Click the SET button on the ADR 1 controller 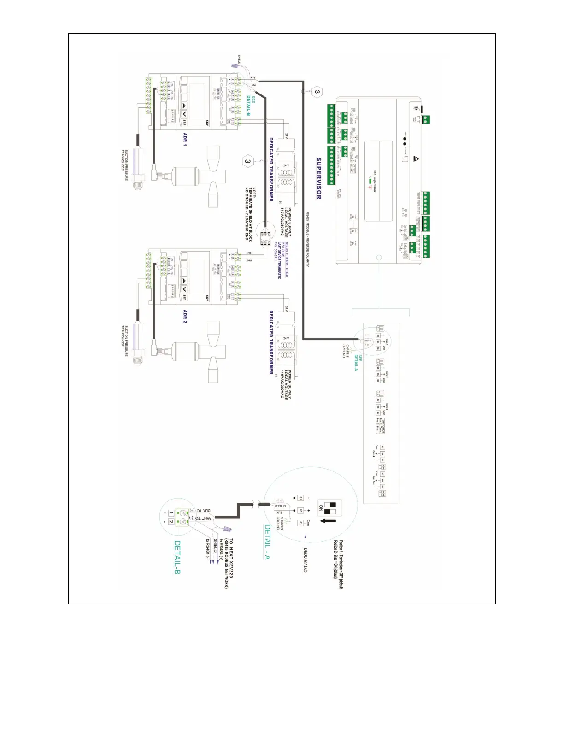click(184, 123)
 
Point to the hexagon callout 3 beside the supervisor click(317, 92)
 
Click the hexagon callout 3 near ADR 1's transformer click(248, 161)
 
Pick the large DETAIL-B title click(177, 557)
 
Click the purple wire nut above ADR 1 click(234, 67)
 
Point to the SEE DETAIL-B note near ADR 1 click(251, 106)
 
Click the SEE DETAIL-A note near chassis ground click(358, 363)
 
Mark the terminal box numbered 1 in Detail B click(171, 513)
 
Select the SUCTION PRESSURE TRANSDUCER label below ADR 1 click(125, 165)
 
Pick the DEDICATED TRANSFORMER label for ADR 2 click(271, 342)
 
